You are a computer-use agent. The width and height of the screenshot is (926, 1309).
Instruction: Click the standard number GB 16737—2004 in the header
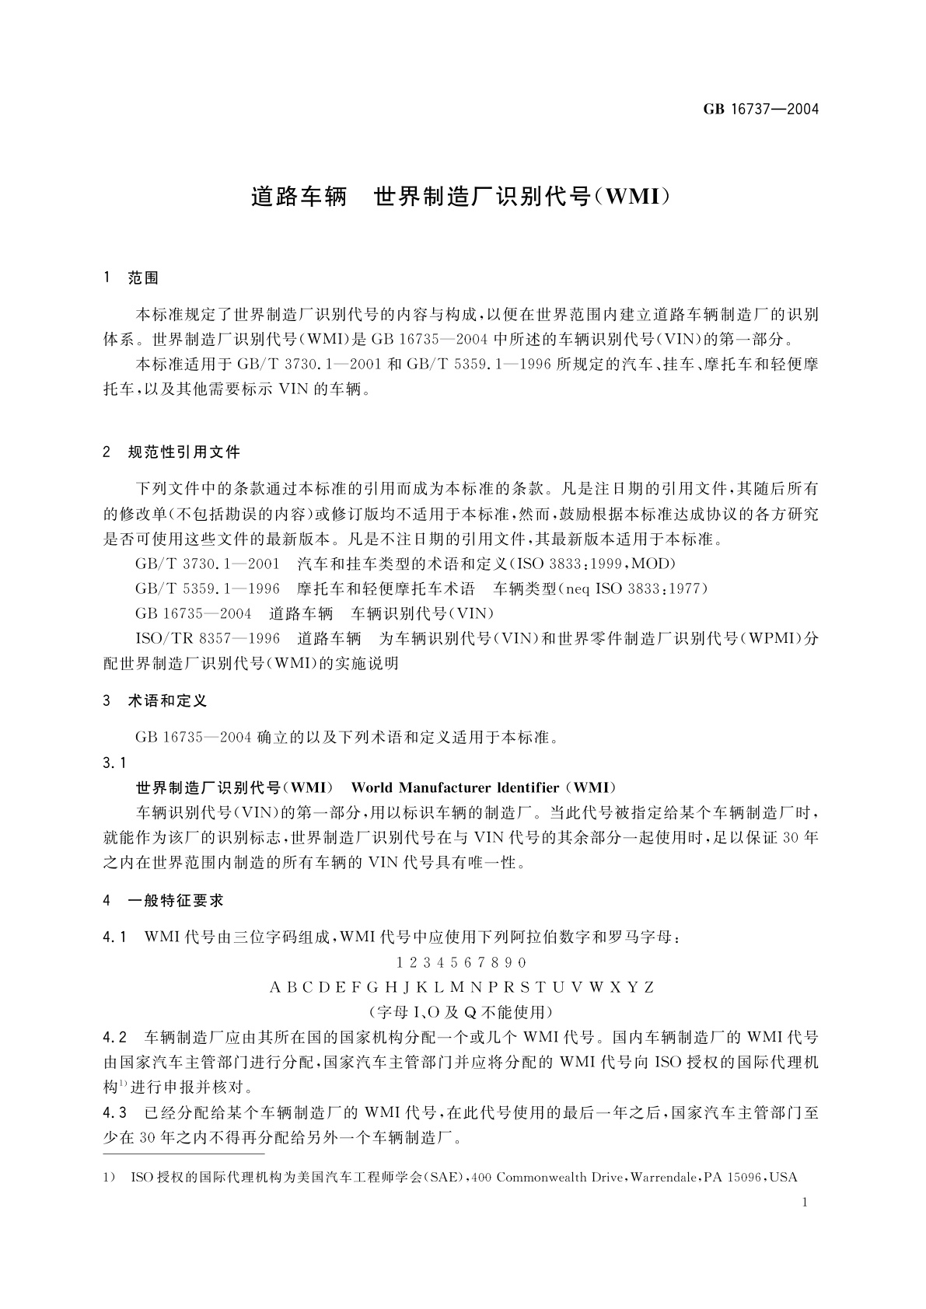[x=761, y=109]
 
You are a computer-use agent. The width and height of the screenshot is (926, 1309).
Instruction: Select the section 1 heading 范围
[x=143, y=278]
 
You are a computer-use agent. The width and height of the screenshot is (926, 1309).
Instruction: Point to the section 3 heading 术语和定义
[x=167, y=701]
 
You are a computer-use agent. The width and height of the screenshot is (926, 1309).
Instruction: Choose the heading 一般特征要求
[x=175, y=901]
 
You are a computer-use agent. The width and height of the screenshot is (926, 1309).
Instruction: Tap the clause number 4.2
[x=114, y=1038]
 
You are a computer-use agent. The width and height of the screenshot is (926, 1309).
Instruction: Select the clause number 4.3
[x=114, y=1113]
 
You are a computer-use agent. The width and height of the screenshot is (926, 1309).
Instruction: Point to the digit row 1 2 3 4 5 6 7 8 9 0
[x=461, y=963]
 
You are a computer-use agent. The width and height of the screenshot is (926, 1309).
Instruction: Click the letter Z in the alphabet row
[x=648, y=988]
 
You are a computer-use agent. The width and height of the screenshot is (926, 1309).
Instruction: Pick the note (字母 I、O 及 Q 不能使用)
[x=462, y=1012]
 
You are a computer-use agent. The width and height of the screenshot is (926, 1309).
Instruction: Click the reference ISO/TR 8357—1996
[x=208, y=639]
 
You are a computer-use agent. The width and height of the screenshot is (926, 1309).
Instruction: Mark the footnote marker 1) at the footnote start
[x=110, y=1178]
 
